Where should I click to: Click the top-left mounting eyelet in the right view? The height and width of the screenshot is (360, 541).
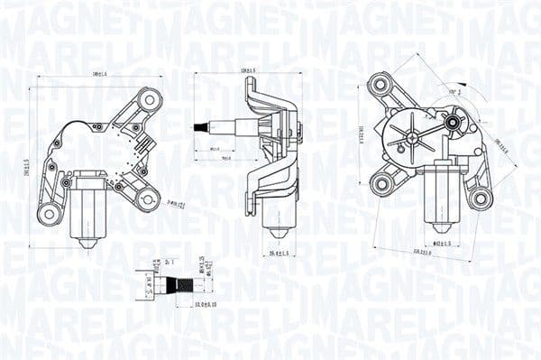tap(381, 86)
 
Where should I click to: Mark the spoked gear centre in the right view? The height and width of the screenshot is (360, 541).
tap(412, 138)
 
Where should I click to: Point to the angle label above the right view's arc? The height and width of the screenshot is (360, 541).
tap(455, 91)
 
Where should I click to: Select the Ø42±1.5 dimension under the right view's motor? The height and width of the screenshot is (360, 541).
tap(441, 243)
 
